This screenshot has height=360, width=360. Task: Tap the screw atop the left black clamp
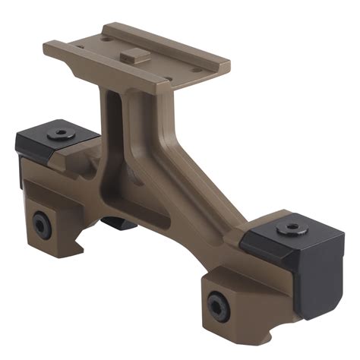[x=58, y=134]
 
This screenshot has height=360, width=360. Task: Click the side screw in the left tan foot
[x=41, y=226]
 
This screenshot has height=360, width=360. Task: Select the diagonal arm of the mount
[x=182, y=175]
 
